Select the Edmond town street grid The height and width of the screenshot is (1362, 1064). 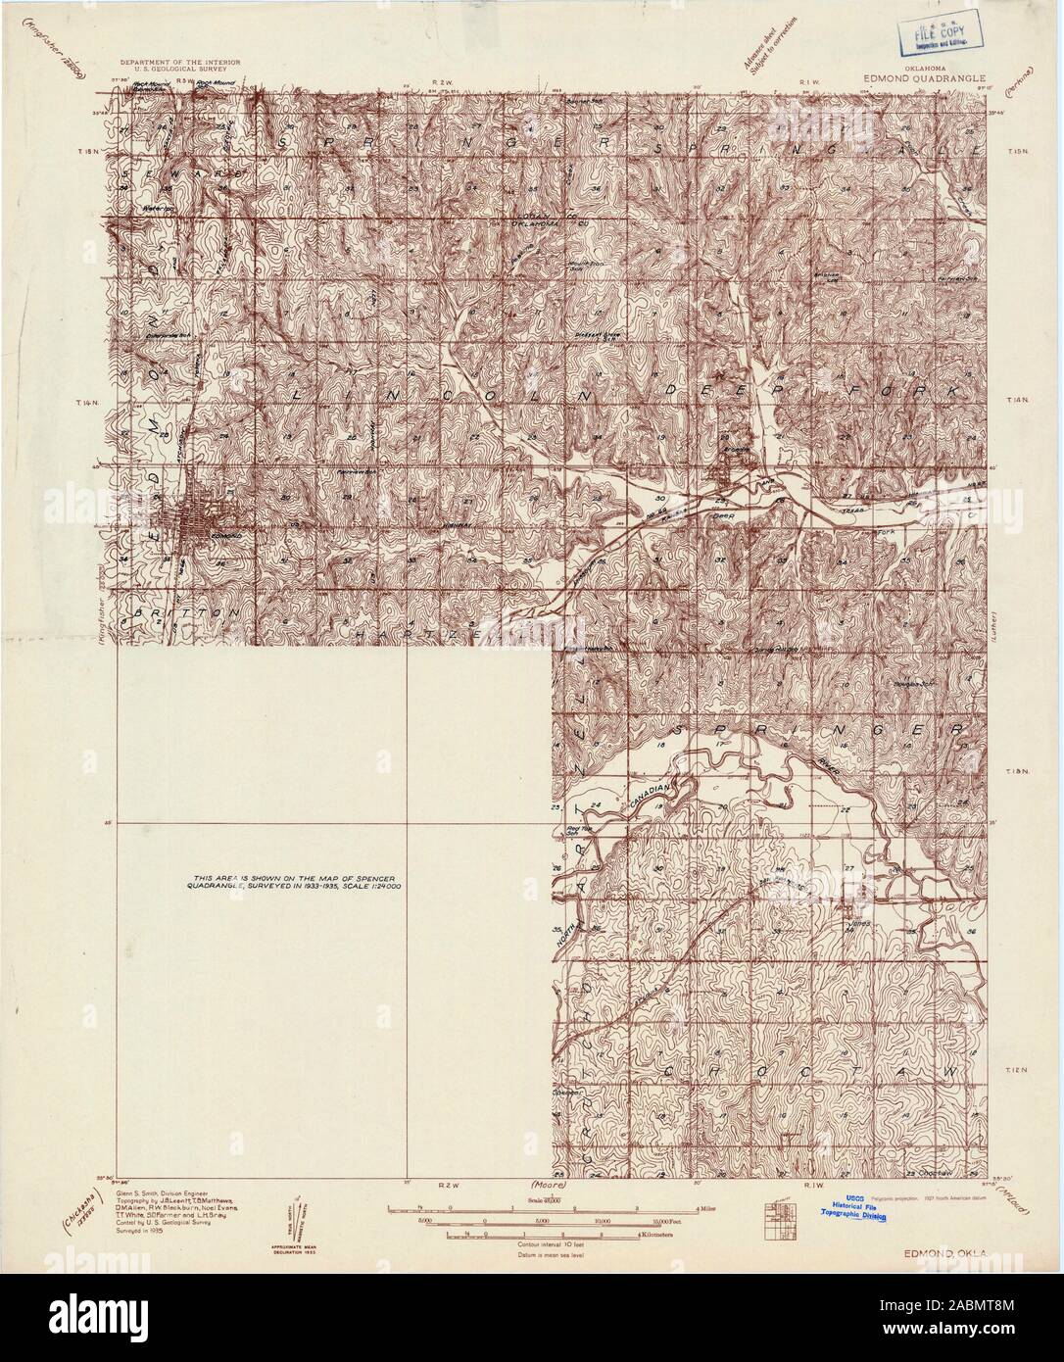(202, 518)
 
